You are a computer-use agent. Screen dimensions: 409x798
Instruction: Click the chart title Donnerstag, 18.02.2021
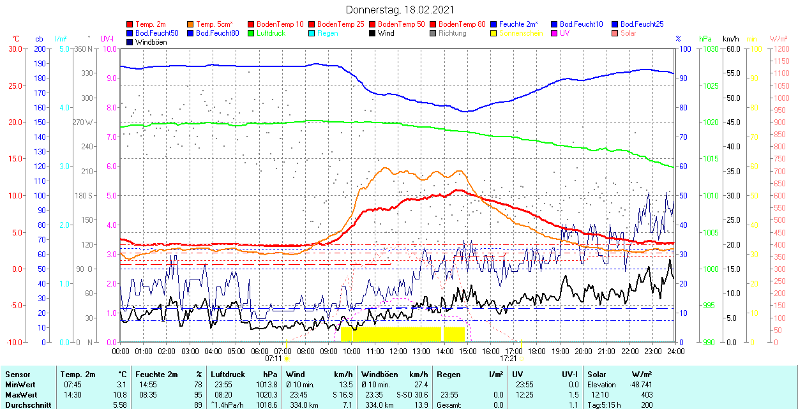[x=400, y=10]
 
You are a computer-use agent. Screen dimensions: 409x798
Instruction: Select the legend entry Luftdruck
[x=271, y=33]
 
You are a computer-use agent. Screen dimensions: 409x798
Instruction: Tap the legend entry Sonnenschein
[x=521, y=33]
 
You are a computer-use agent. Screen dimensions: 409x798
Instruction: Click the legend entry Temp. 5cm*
[x=215, y=24]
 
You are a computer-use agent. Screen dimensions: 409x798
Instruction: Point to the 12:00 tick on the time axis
[x=398, y=351]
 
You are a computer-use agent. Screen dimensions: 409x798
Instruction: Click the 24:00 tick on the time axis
[x=676, y=351]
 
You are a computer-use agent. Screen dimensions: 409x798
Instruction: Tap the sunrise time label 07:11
[x=274, y=359]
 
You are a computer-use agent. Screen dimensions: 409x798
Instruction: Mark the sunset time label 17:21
[x=508, y=359]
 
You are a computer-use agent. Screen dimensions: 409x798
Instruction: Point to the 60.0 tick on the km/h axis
[x=732, y=49]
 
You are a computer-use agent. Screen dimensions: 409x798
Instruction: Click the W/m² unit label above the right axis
[x=779, y=39]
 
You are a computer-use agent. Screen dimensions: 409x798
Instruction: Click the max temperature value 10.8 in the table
[x=121, y=394]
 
